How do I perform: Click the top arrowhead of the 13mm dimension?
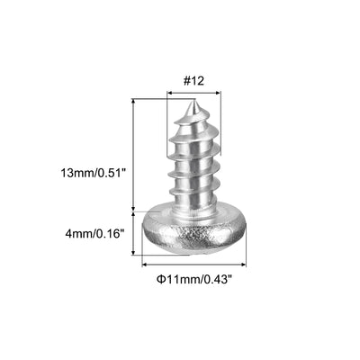pos(134,103)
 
